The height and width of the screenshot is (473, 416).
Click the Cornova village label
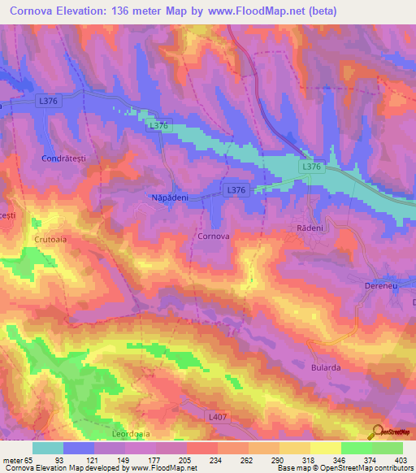214,236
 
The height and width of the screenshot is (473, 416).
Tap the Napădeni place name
171,197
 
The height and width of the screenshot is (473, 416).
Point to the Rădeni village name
307,230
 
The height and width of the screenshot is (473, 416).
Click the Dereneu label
379,288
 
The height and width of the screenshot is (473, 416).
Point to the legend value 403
399,460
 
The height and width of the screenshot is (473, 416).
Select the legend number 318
307,460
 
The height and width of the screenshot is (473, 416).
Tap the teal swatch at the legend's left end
48,448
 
